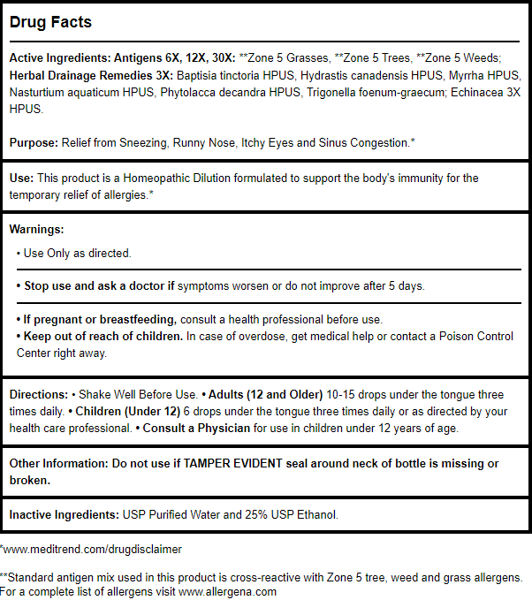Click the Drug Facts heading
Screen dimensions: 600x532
[50, 22]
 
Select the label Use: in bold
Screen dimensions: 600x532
[21, 178]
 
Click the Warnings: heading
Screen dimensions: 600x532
[36, 229]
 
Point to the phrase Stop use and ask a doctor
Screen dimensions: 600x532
[92, 286]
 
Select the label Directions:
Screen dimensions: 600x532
[38, 394]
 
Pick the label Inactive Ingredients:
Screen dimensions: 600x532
[65, 514]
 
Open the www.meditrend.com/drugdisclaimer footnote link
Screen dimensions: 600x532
[92, 549]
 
